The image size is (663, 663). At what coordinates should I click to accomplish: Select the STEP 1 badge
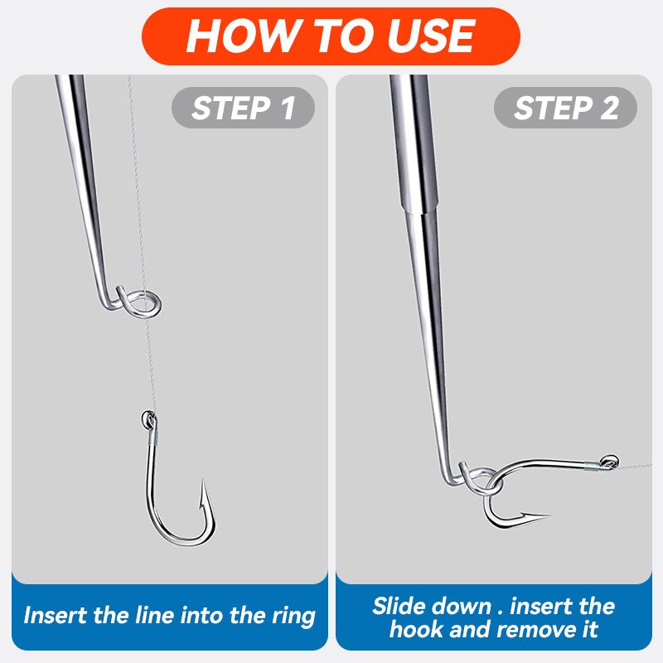pos(243,108)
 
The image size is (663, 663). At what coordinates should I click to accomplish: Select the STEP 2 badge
pos(565,108)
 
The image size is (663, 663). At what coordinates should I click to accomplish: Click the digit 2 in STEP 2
pos(609,108)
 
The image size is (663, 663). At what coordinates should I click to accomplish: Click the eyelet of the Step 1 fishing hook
pos(148,419)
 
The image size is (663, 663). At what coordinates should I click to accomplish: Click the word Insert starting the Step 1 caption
pos(56,615)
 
